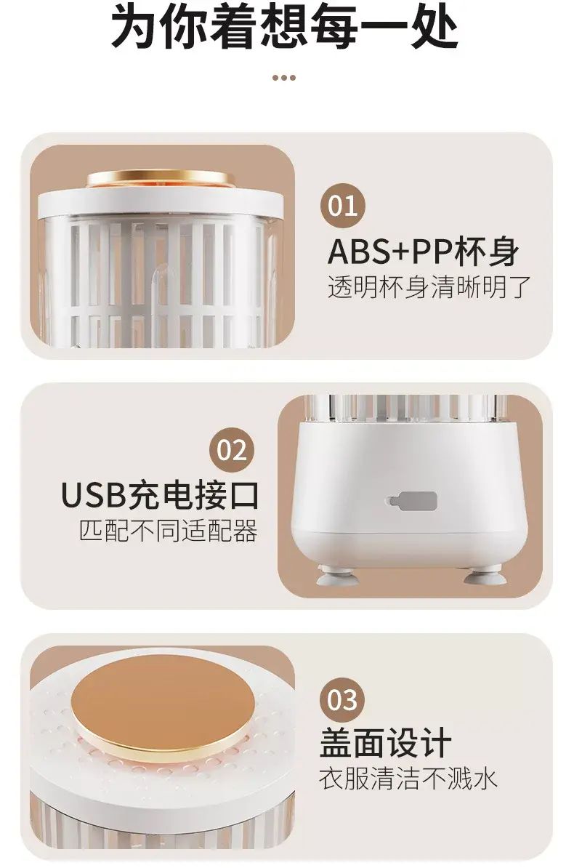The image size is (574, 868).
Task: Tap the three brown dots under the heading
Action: click(284, 78)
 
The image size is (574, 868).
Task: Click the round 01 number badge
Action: click(343, 206)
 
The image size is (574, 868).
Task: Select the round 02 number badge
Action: click(231, 450)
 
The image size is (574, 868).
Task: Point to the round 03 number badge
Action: click(343, 700)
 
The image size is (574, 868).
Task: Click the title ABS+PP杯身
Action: click(424, 252)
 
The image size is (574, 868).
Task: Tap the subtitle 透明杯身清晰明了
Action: click(429, 287)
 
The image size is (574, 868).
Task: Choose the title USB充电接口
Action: click(160, 495)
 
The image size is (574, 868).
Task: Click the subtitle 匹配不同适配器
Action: click(169, 530)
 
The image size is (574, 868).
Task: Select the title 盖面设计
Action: click(385, 743)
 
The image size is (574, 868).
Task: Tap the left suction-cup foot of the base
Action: click(336, 575)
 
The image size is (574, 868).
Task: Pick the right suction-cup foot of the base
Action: click(485, 575)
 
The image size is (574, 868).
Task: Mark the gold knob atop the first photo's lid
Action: click(160, 178)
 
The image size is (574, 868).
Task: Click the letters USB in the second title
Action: click(93, 495)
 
